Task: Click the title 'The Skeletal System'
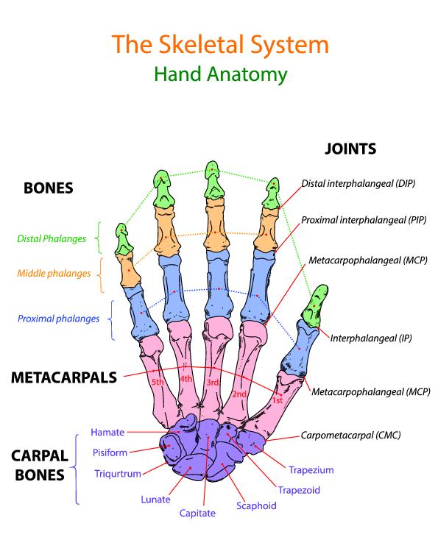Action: [x=220, y=45]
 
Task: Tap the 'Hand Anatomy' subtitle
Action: [x=221, y=75]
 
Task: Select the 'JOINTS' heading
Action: [x=350, y=149]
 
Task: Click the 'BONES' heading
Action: [x=49, y=188]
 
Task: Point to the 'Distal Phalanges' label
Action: [x=52, y=239]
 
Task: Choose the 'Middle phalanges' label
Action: [x=54, y=274]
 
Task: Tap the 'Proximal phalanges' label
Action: [x=58, y=319]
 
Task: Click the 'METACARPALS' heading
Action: [x=64, y=377]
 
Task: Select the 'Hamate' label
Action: [x=107, y=433]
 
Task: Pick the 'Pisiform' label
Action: [x=110, y=452]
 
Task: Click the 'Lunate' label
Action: [x=155, y=500]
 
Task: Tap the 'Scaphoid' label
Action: [x=256, y=506]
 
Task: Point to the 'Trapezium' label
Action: [x=311, y=470]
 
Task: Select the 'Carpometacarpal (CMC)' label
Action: [x=350, y=436]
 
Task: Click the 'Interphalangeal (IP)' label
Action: [x=371, y=338]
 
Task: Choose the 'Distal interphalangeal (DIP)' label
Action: [x=358, y=184]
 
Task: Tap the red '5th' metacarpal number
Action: [x=158, y=382]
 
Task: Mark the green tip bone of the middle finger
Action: [x=213, y=180]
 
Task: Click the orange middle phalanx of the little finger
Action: [x=129, y=270]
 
